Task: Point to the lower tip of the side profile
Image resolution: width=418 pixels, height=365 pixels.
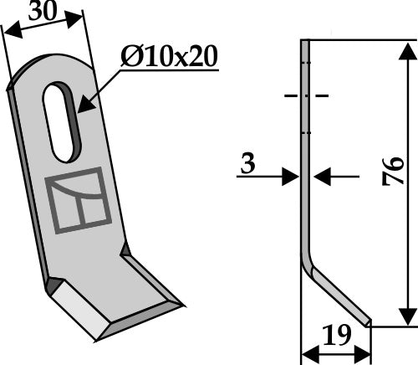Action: pos(369,321)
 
